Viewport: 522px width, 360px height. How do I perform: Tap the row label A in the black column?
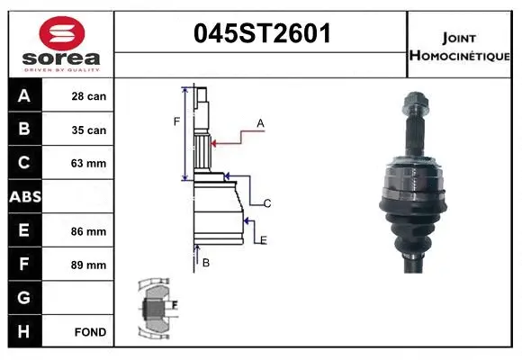23,96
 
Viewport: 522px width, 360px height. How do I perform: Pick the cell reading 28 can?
89,96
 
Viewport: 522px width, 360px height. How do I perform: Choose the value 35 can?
89,130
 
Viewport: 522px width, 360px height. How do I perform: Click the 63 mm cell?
89,164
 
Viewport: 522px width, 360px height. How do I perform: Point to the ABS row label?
23,197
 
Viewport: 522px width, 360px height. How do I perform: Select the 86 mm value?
89,231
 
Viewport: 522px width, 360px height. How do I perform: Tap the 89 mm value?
89,265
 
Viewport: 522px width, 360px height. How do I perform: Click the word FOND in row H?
90,332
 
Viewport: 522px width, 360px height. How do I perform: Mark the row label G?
23,298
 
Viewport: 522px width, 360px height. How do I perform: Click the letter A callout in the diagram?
260,122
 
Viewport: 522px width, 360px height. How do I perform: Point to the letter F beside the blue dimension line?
177,121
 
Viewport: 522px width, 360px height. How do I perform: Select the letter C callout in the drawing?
267,204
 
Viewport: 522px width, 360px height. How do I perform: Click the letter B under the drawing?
206,262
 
